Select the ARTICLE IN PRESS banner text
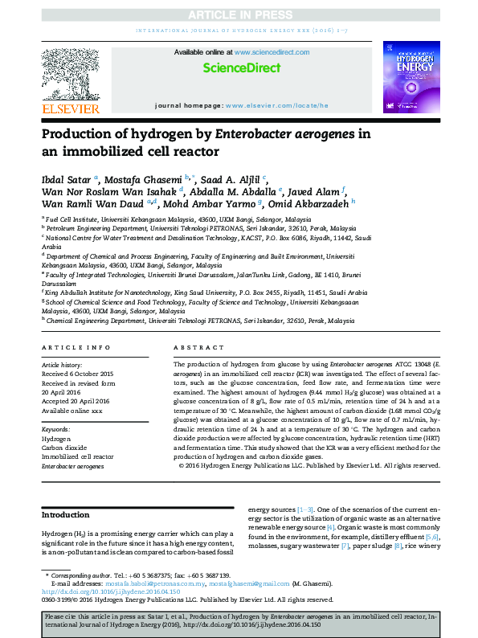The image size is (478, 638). point(239,15)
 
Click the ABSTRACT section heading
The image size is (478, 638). point(194,347)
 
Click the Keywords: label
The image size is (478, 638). point(56,430)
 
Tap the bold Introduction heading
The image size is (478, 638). point(66,515)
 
